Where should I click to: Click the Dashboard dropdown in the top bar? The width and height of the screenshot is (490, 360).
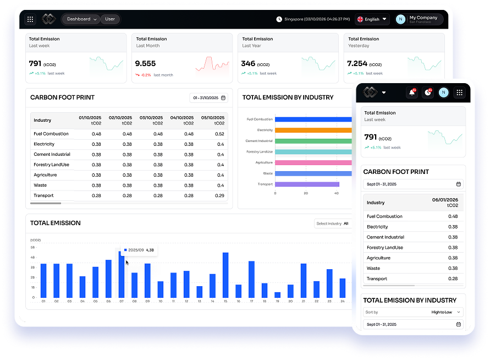coord(81,19)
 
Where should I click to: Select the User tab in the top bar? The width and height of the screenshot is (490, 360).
coord(110,19)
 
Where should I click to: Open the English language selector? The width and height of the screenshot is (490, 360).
coord(372,19)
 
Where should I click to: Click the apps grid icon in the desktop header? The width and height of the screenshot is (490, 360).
coord(30,19)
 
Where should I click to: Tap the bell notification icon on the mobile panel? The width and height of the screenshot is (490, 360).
coord(412,92)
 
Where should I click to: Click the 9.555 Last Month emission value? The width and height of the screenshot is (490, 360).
coord(146,64)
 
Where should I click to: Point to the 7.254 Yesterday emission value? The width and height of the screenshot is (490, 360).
coord(357,64)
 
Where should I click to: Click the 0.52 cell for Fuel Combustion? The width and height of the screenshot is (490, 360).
coord(219,134)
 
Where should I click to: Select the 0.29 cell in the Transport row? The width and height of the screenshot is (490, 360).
coord(219,195)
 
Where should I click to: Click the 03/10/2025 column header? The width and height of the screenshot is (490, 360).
coord(151,121)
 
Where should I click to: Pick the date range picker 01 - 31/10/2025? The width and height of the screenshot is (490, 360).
coord(208,98)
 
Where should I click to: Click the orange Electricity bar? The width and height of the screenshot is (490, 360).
coord(313,130)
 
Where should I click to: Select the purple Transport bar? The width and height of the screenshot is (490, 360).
coord(307,184)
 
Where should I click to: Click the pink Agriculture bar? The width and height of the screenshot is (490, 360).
coord(313,162)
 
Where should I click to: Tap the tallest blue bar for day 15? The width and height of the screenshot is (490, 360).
coord(225,275)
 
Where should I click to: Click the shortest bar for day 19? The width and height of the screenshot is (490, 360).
coord(277,295)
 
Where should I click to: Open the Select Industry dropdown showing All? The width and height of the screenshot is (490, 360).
coord(333,223)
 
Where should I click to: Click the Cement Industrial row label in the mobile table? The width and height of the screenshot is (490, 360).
coord(385,237)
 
